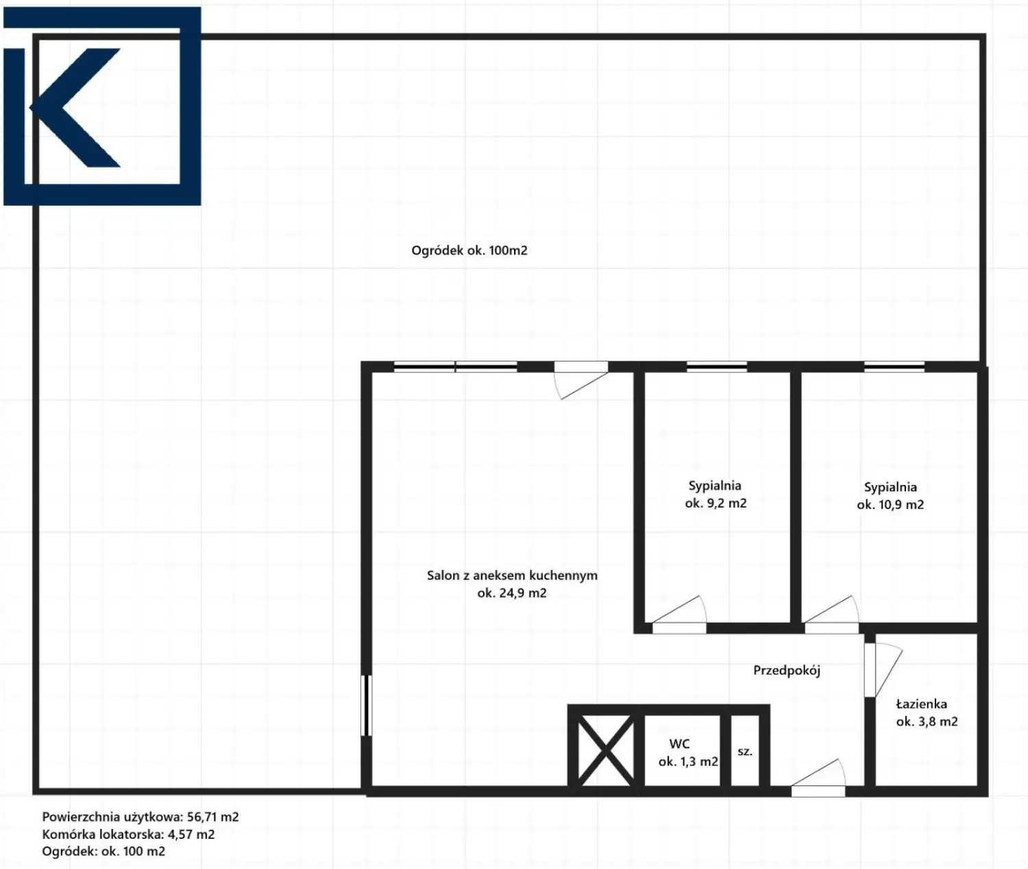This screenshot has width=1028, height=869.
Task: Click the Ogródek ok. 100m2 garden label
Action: (x=469, y=250)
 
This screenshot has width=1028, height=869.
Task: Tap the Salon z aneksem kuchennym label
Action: (x=512, y=584)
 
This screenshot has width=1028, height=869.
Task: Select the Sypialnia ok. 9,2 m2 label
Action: (x=715, y=494)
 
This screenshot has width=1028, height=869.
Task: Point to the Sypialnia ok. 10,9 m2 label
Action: (x=890, y=496)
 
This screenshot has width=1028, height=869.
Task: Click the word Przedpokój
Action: (x=787, y=671)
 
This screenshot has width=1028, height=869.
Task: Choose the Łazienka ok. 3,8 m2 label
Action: (x=927, y=713)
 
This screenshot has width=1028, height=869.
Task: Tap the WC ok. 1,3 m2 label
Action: (x=688, y=752)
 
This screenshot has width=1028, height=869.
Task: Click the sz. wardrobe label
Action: (x=745, y=752)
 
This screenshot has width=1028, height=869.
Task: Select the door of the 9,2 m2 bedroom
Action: (x=679, y=615)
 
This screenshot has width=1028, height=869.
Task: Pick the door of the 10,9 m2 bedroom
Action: (x=832, y=615)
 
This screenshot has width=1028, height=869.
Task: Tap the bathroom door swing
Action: (x=883, y=670)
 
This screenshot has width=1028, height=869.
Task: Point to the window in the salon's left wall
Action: (x=366, y=706)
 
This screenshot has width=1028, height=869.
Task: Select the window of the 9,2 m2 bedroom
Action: (x=717, y=367)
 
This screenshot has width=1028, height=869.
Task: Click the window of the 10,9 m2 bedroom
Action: (x=894, y=367)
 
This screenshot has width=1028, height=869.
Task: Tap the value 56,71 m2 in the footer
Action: (x=213, y=818)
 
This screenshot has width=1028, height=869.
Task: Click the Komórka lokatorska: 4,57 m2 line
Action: (x=129, y=835)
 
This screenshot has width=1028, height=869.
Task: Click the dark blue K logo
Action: (x=102, y=106)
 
